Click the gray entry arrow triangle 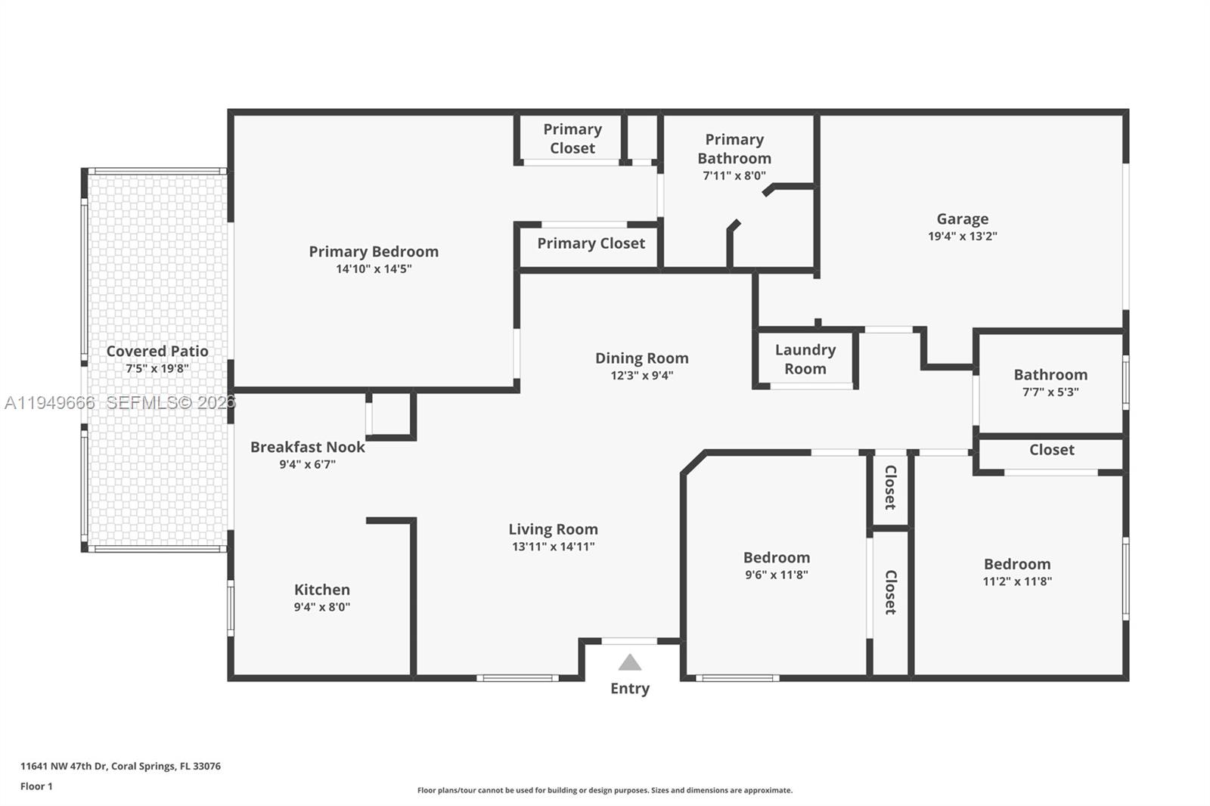pos(629,663)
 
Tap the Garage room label pos(962,219)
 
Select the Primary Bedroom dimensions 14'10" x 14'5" pos(374,269)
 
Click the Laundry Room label pos(805,359)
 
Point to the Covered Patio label pos(157,351)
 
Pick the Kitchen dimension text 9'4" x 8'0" pos(322,607)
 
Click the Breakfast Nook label pos(307,447)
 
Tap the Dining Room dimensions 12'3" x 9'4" pos(641,376)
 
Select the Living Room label pos(553,529)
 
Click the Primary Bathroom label pos(734,149)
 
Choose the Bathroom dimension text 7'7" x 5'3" pos(1050,392)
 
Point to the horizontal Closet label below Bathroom pos(1051,450)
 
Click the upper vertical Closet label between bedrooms pos(891,488)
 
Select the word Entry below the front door pos(630,689)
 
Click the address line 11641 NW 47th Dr pos(120,766)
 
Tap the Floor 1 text pos(36,786)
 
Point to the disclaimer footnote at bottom pos(604,790)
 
